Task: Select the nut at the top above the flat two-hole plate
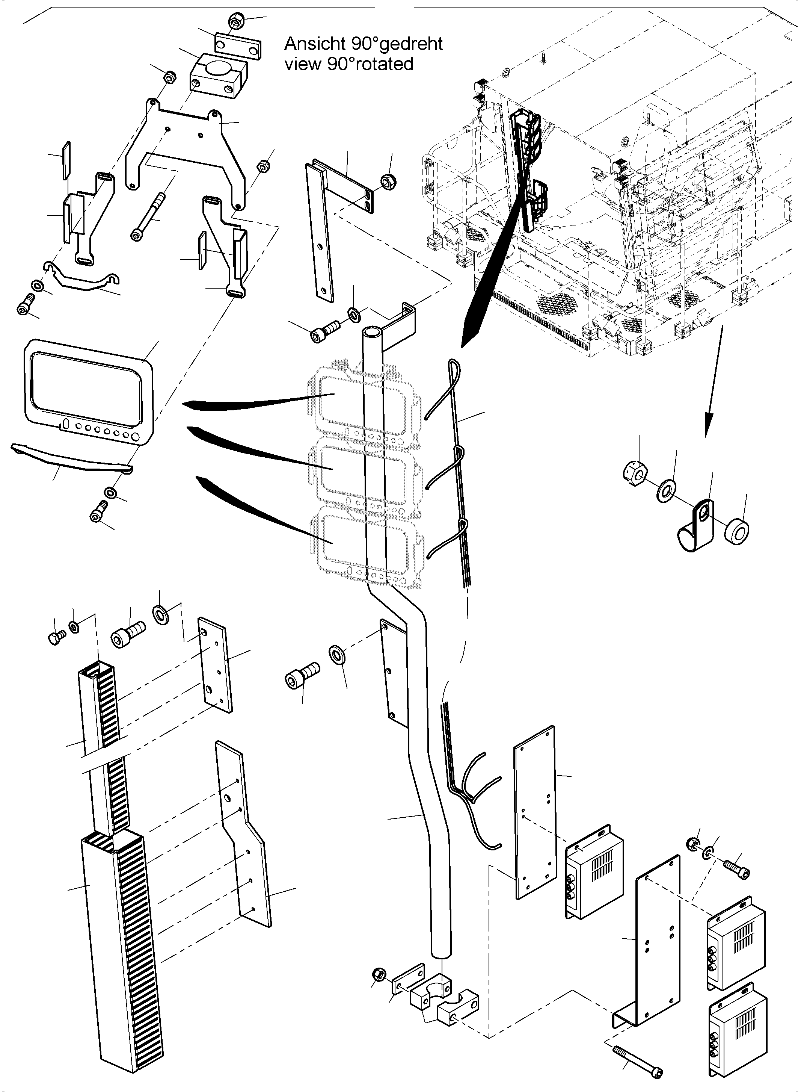[237, 21]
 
